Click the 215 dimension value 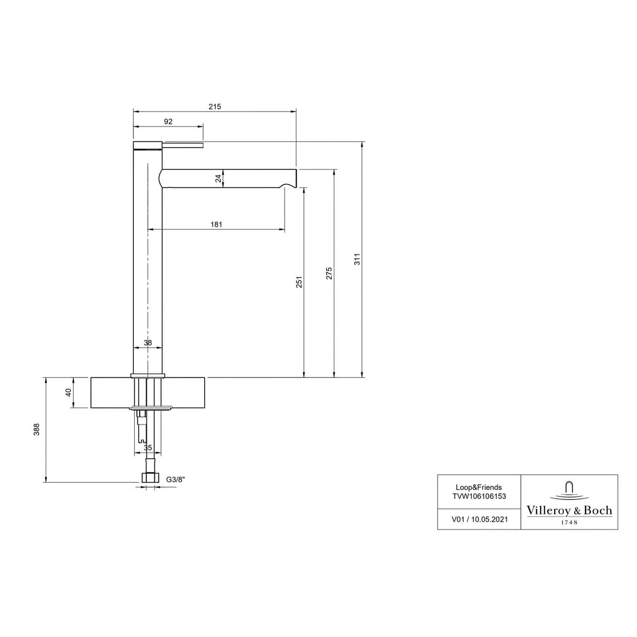point(215,107)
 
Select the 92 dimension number point(168,122)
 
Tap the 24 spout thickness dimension point(218,178)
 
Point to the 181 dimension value point(216,225)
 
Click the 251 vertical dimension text point(299,283)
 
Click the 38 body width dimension point(147,343)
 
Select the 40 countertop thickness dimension point(68,392)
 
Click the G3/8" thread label point(176,479)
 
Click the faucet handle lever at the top point(184,145)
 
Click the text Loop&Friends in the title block point(479,487)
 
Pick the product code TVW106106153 point(479,496)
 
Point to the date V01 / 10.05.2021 point(479,519)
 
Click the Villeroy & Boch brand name point(569,511)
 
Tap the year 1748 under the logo point(569,522)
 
